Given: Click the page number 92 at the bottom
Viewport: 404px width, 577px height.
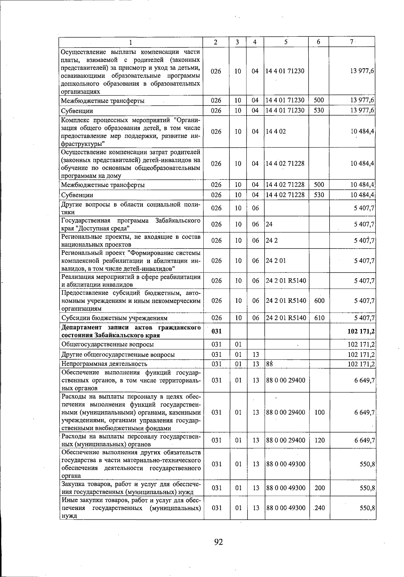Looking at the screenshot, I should click(218, 542).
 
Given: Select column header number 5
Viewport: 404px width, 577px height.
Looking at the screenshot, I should click(286, 42).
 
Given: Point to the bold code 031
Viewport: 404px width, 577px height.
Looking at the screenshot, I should click(216, 331).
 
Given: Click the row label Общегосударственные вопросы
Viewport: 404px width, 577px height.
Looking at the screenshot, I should click(107, 344).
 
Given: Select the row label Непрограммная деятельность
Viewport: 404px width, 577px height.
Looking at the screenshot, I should click(104, 364).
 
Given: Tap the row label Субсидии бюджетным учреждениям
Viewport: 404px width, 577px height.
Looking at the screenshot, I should click(114, 318).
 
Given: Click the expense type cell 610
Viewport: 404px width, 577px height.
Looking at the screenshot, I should click(319, 318).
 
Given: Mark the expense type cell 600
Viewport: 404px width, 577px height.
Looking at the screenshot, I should click(319, 300).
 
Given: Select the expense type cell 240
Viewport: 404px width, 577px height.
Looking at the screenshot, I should click(319, 508).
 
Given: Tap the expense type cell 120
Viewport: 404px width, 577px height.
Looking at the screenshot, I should click(319, 440).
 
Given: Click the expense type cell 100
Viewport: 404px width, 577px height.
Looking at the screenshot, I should click(319, 412).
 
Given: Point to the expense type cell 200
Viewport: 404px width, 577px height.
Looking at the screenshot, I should click(319, 488).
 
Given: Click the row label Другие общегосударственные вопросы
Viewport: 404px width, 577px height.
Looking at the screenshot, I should click(118, 354).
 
